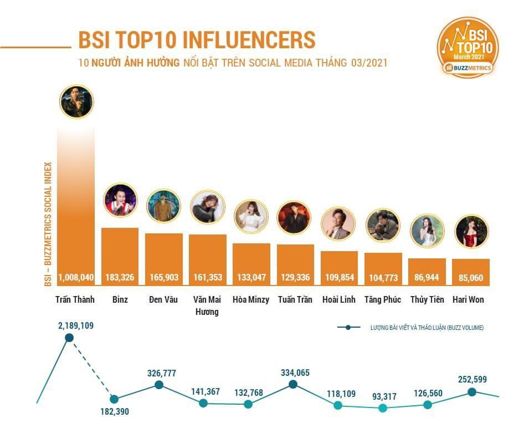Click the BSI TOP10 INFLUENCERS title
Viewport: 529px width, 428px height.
tap(197, 40)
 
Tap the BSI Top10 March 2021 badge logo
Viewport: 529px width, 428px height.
tap(468, 47)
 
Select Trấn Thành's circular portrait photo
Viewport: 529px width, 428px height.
tap(76, 101)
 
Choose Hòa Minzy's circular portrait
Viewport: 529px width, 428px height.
tap(251, 216)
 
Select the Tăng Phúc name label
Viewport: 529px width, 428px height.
tap(383, 299)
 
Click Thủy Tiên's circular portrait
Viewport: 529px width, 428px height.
tap(427, 231)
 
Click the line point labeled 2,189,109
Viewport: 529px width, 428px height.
tap(69, 338)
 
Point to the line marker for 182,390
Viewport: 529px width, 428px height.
tap(114, 399)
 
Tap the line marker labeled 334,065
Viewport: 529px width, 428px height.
tap(293, 384)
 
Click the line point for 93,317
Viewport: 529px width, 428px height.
tap(382, 408)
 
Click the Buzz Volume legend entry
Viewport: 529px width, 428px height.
tap(410, 328)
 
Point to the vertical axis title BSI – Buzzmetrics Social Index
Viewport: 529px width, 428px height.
tap(48, 224)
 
